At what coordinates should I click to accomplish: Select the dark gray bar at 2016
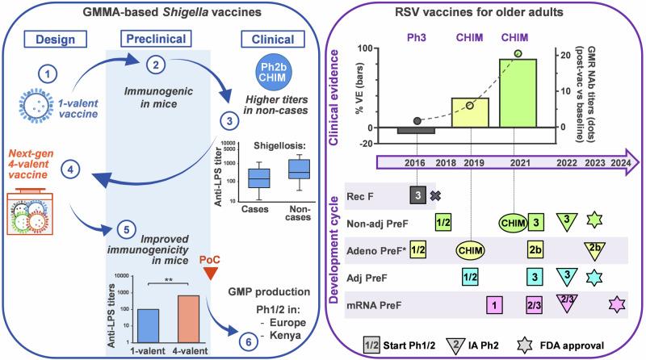pyautogui.click(x=417, y=131)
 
